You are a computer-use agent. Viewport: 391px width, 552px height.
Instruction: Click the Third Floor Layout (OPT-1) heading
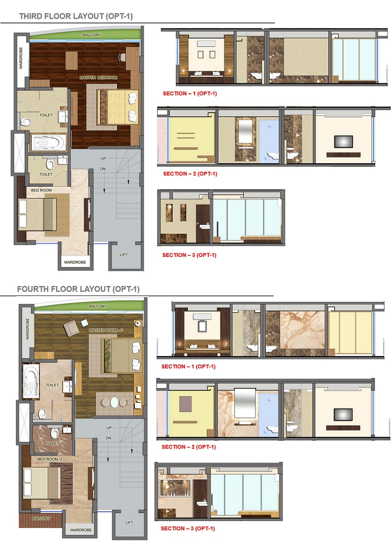click(76, 16)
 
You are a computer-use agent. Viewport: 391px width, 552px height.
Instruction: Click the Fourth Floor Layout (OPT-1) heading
click(78, 289)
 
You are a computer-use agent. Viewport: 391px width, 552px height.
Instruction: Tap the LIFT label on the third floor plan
click(124, 255)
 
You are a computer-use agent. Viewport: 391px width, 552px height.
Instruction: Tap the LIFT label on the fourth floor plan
click(129, 522)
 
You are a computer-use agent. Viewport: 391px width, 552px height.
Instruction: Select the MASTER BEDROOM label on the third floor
click(99, 78)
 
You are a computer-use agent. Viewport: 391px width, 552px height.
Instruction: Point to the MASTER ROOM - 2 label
click(106, 330)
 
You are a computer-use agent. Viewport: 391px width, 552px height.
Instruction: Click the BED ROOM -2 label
click(50, 459)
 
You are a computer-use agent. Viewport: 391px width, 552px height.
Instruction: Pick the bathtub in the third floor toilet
click(48, 143)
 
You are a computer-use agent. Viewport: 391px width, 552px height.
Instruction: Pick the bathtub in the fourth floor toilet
click(31, 381)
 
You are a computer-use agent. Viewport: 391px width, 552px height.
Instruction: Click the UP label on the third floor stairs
click(103, 159)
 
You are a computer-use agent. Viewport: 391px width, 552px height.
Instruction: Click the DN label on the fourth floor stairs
click(109, 438)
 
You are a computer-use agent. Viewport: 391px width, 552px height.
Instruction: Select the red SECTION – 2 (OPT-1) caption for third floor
click(190, 174)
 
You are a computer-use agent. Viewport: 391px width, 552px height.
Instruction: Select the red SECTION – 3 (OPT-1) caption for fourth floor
click(188, 528)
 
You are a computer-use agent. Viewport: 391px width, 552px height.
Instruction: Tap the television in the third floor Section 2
click(343, 142)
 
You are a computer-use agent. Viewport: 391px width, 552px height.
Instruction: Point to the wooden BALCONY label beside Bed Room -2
click(41, 518)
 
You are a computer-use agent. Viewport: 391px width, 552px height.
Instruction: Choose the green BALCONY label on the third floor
click(92, 35)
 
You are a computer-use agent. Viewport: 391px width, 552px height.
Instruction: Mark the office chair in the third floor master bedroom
click(122, 57)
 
